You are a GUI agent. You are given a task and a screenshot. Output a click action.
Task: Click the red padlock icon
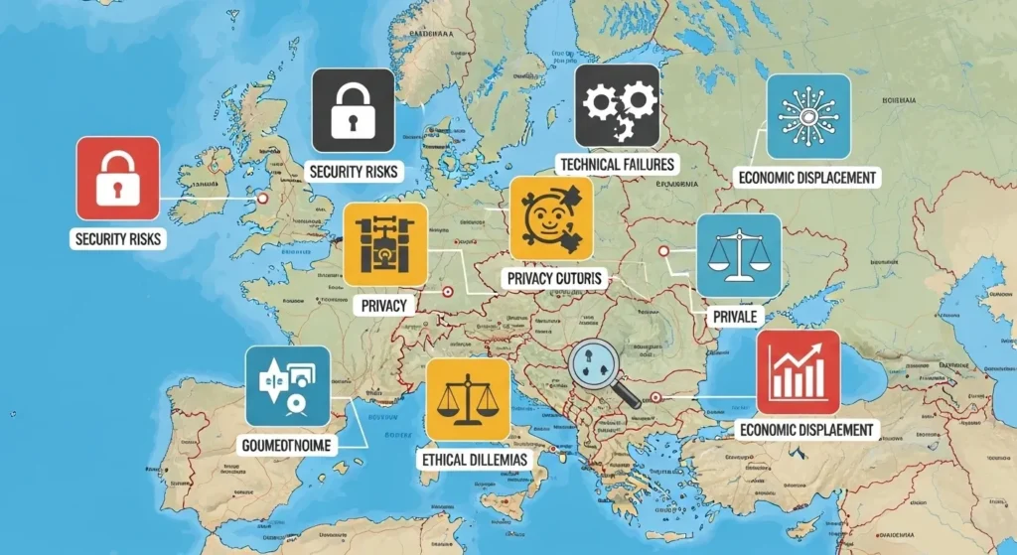tap(117, 179)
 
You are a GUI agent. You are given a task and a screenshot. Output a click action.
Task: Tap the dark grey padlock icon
tap(354, 109)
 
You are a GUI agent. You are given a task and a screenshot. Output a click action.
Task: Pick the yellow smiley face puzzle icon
tap(550, 219)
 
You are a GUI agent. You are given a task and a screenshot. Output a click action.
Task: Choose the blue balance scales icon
tap(738, 255)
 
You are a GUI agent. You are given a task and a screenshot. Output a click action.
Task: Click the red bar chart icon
tap(798, 372)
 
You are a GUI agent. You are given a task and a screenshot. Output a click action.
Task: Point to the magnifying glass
tap(603, 375)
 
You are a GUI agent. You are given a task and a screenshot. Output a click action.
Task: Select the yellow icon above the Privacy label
tap(385, 245)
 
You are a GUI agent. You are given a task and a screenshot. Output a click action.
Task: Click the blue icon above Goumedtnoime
tap(287, 386)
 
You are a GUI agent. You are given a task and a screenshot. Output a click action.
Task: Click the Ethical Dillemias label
tap(475, 461)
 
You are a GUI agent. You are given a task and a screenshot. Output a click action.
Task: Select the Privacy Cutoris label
tap(554, 280)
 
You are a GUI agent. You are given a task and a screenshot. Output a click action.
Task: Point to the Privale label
tap(736, 317)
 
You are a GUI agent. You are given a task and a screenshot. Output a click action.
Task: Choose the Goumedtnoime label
tap(287, 444)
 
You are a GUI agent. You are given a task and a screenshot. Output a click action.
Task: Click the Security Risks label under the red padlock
tap(117, 239)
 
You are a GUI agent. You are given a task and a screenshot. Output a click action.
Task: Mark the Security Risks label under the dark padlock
tap(354, 171)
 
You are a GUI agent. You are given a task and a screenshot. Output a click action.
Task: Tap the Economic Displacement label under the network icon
tap(807, 177)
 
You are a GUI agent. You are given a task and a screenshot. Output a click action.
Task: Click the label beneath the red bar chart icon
tap(807, 430)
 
